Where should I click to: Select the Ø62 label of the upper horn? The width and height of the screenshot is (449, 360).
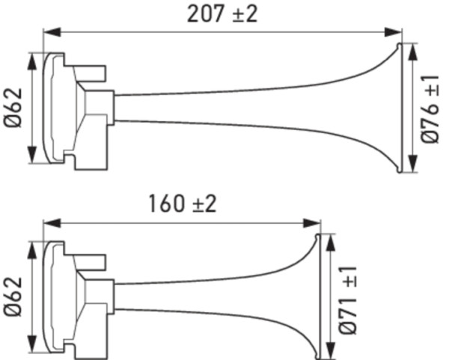click(x=16, y=108)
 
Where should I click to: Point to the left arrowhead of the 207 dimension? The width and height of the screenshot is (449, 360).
click(x=48, y=32)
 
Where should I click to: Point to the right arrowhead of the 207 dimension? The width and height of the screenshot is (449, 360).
click(x=398, y=32)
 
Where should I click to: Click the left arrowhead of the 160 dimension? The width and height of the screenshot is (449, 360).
click(x=48, y=222)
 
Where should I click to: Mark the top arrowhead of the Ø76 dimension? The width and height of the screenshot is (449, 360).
click(x=410, y=48)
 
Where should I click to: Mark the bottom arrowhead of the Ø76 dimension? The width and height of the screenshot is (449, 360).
click(x=410, y=168)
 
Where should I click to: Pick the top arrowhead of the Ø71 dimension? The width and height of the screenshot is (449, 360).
click(x=326, y=239)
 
